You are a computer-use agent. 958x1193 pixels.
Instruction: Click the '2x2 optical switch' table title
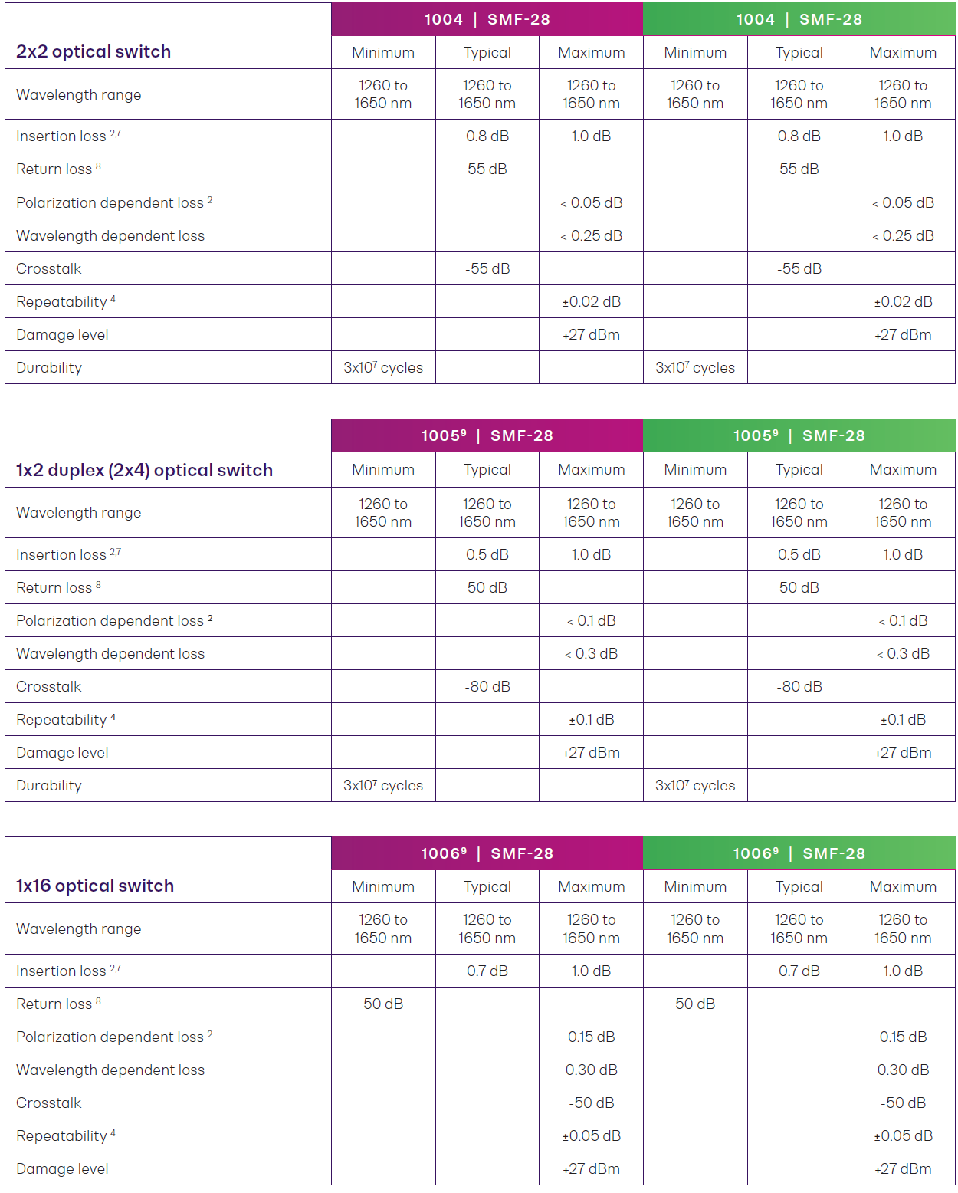pyautogui.click(x=94, y=51)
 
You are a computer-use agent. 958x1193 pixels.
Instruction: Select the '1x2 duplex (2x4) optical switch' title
pyautogui.click(x=144, y=470)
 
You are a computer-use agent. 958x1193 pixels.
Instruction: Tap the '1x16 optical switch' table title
pyautogui.click(x=95, y=886)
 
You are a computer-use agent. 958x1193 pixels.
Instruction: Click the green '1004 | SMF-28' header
pyautogui.click(x=799, y=19)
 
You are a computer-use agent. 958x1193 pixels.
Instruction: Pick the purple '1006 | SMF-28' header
pyautogui.click(x=487, y=853)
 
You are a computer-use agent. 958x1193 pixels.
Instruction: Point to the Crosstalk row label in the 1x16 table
pyautogui.click(x=49, y=1103)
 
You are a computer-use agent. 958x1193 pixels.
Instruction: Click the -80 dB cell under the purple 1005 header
pyautogui.click(x=487, y=686)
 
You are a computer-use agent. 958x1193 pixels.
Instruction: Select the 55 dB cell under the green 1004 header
pyautogui.click(x=799, y=169)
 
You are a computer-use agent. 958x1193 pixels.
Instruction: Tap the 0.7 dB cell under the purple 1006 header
pyautogui.click(x=487, y=971)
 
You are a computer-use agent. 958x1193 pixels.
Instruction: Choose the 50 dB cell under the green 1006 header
pyautogui.click(x=695, y=1004)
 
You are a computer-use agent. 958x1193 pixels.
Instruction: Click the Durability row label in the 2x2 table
pyautogui.click(x=49, y=367)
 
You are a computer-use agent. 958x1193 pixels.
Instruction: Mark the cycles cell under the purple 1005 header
pyautogui.click(x=383, y=785)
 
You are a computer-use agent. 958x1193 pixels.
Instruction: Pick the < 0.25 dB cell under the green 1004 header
pyautogui.click(x=903, y=235)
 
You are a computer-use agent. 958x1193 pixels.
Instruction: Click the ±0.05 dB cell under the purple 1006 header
pyautogui.click(x=591, y=1135)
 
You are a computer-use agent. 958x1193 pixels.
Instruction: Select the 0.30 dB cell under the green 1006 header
pyautogui.click(x=903, y=1070)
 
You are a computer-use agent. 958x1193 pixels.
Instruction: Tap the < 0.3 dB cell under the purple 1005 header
pyautogui.click(x=591, y=653)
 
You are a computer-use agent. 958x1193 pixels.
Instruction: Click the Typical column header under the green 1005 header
pyautogui.click(x=799, y=469)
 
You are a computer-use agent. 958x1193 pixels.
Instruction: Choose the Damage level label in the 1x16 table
pyautogui.click(x=63, y=1168)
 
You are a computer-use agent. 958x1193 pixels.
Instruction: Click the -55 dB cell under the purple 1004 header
pyautogui.click(x=487, y=268)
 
